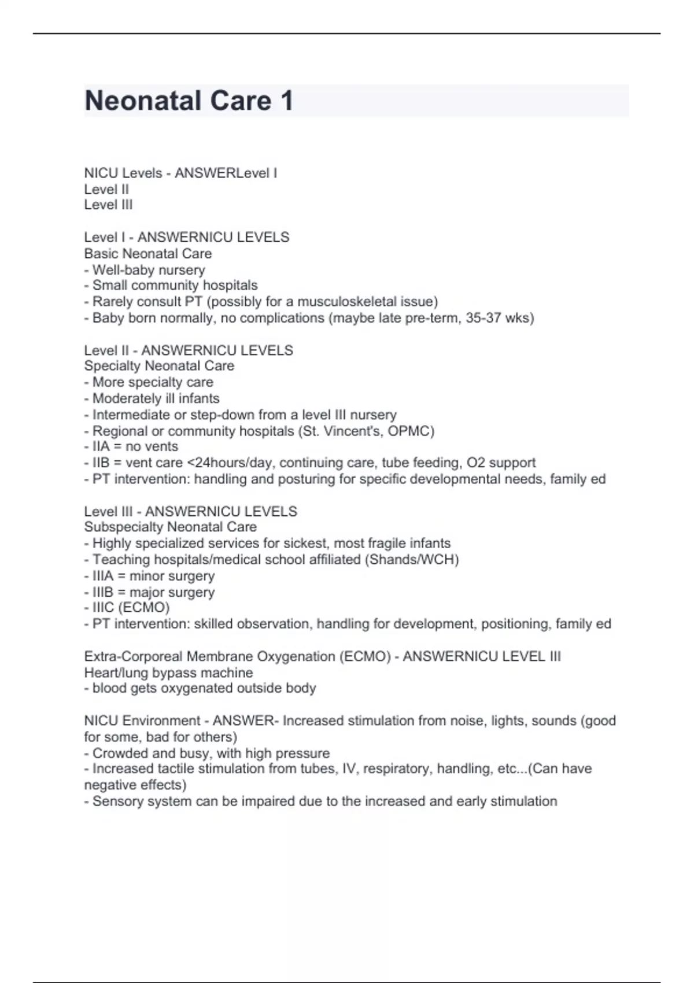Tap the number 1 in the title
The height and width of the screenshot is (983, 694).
[x=287, y=101]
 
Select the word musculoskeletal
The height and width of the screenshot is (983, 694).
[x=348, y=302]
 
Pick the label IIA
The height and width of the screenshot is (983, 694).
[x=101, y=447]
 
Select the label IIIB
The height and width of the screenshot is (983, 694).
[x=103, y=592]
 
